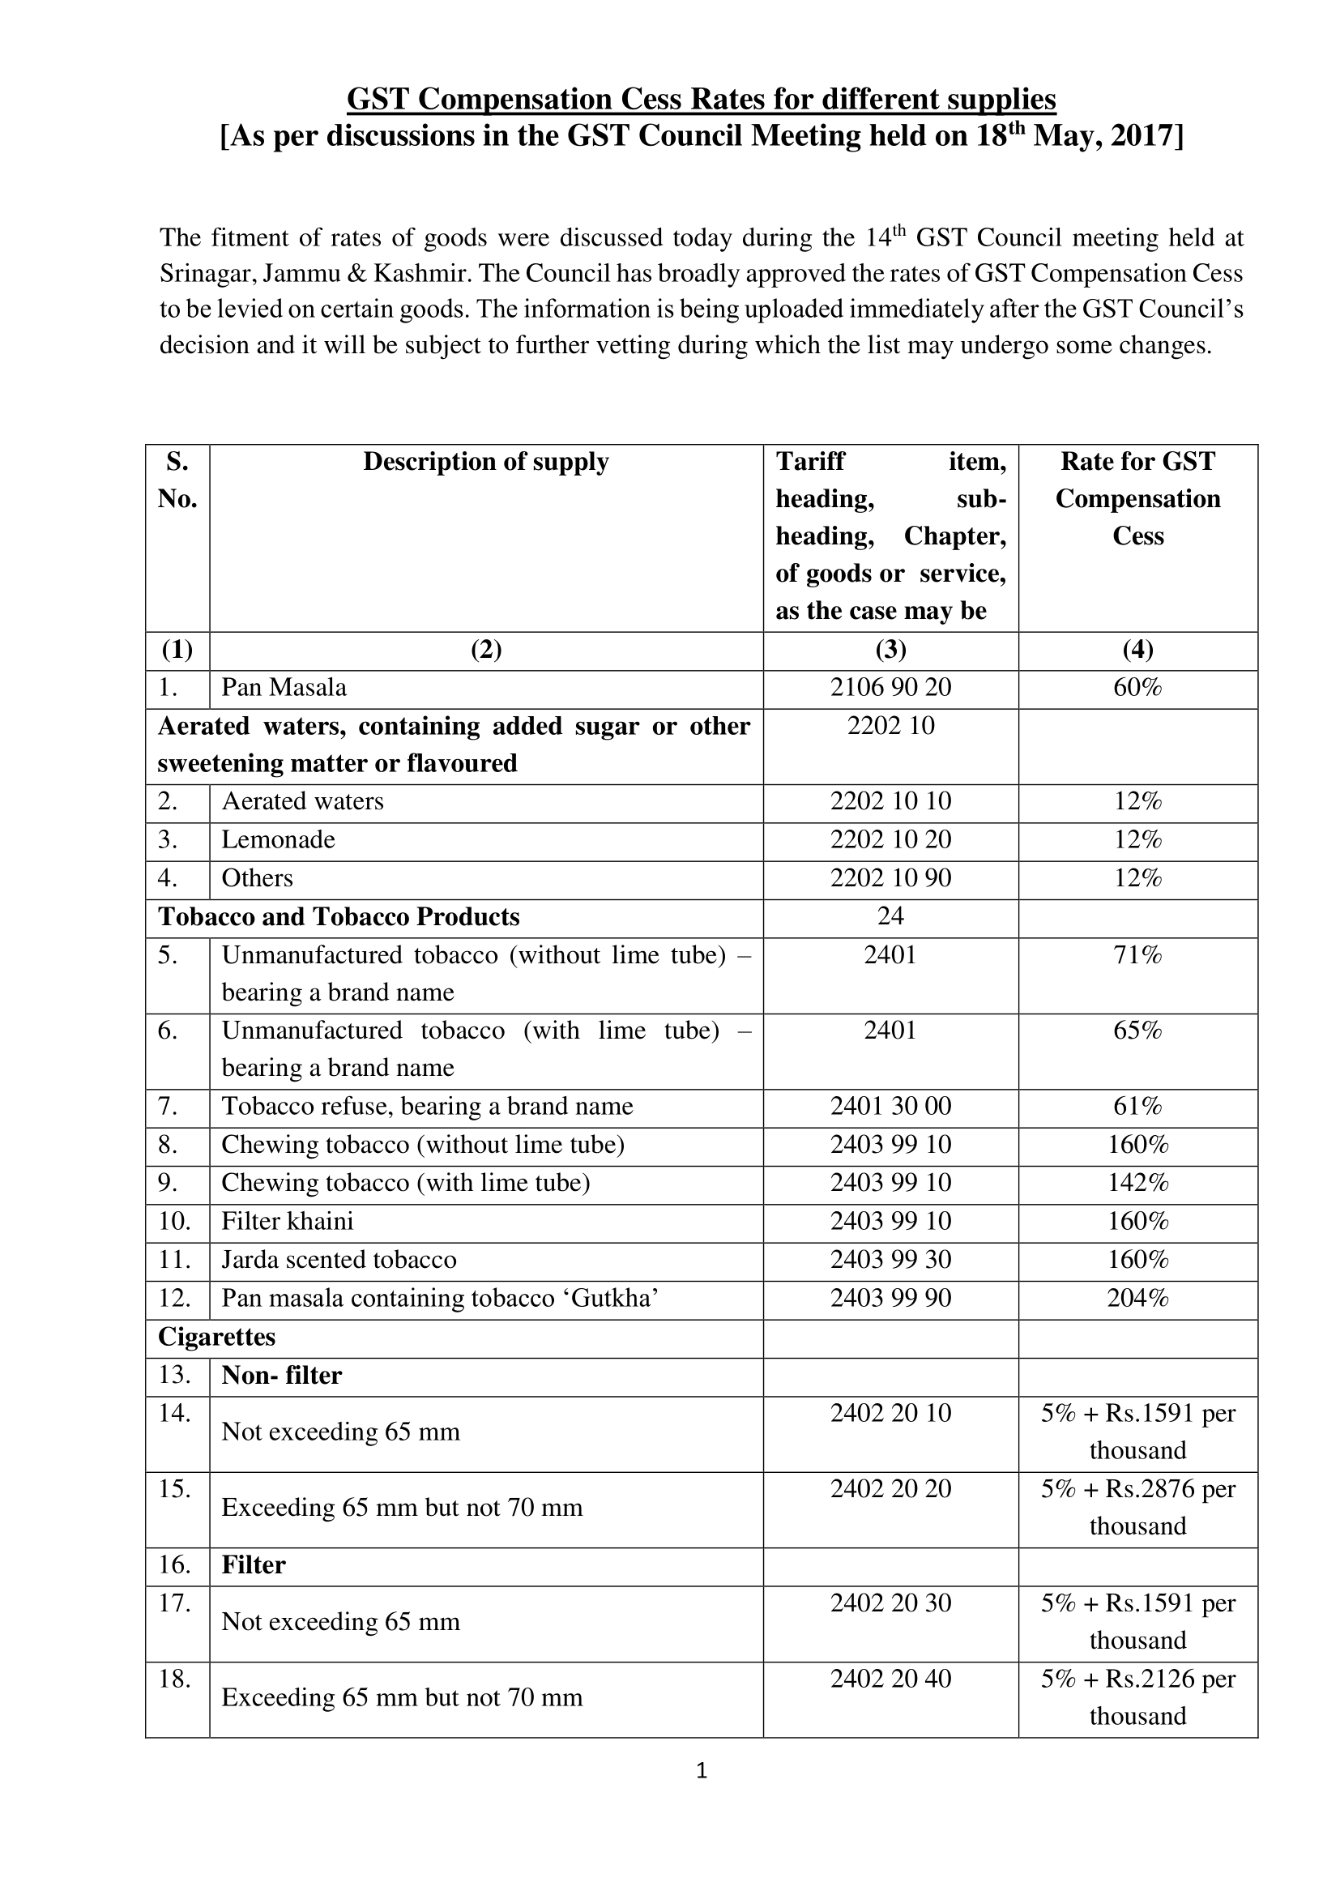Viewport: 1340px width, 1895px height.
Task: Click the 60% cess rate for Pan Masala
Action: click(1137, 688)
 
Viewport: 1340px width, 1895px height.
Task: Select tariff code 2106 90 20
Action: click(890, 688)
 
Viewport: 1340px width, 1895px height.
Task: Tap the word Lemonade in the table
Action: click(278, 840)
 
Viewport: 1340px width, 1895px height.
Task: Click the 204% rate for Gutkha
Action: click(1137, 1298)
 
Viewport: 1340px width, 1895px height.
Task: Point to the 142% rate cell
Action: click(1137, 1183)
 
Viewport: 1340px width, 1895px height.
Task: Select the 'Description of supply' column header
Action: click(486, 462)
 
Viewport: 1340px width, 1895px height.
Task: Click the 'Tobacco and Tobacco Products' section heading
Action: click(339, 917)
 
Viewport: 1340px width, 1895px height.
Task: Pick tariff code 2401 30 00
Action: click(890, 1106)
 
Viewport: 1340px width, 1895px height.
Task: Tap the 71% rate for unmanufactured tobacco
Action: click(1137, 955)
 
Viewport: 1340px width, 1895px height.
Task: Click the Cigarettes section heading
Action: click(216, 1337)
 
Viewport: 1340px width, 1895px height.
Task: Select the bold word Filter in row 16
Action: click(254, 1565)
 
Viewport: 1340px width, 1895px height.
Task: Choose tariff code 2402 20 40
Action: click(890, 1679)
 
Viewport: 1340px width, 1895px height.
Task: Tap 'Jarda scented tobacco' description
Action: click(339, 1260)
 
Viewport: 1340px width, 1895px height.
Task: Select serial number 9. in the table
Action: click(169, 1183)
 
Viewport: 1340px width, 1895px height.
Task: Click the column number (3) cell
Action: click(890, 651)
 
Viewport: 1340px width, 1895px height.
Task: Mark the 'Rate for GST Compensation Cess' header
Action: click(1137, 498)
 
